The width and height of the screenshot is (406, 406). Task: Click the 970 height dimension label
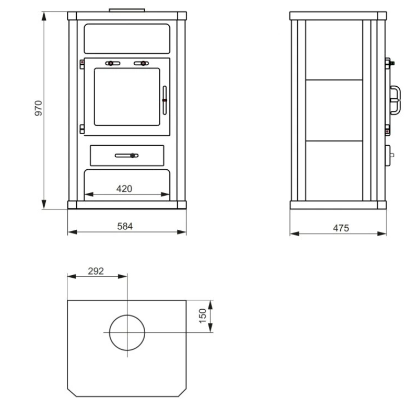[38, 108]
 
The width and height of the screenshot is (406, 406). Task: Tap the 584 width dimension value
[125, 226]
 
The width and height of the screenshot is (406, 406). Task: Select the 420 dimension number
[124, 189]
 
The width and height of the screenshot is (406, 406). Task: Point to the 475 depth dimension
[341, 228]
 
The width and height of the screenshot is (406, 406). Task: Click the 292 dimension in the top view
[96, 271]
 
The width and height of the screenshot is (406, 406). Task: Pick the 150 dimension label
[202, 316]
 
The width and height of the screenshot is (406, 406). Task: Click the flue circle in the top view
[127, 315]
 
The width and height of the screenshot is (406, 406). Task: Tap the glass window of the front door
[127, 97]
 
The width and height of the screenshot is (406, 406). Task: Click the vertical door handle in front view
[165, 100]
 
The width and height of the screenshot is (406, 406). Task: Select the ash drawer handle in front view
[127, 156]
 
